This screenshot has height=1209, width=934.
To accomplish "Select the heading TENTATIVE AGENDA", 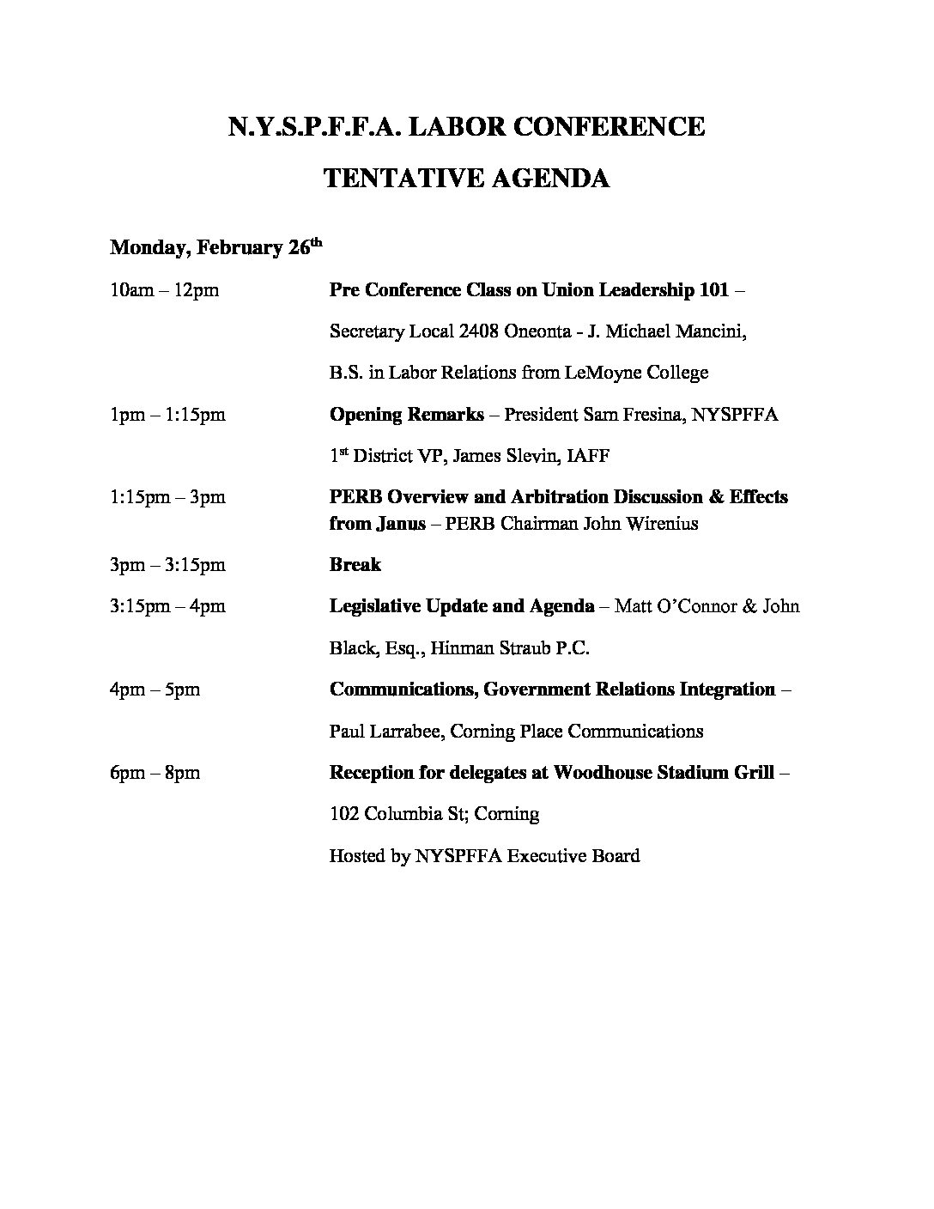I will (x=466, y=179).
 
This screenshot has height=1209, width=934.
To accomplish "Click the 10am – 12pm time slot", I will (x=164, y=290).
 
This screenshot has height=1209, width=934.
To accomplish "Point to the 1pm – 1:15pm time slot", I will (x=167, y=415).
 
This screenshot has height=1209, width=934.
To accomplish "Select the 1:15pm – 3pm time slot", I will (x=167, y=497).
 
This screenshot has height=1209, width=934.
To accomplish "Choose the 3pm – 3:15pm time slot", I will (x=167, y=565).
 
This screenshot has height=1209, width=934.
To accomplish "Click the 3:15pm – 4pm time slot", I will (x=167, y=606).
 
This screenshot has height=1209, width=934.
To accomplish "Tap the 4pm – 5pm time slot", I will (x=155, y=690).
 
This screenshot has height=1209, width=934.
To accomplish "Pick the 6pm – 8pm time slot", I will (x=155, y=773).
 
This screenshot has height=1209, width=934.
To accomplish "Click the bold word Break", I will (x=355, y=565).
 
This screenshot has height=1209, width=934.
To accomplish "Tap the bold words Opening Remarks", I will (x=406, y=415).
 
